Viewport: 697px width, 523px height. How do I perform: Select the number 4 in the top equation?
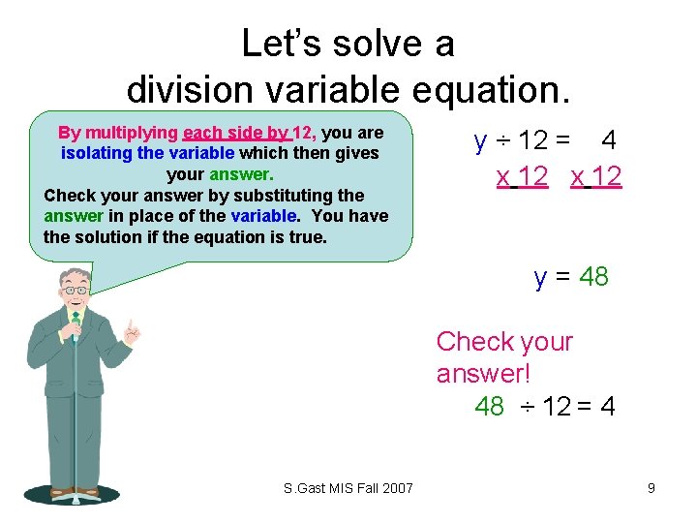(609, 140)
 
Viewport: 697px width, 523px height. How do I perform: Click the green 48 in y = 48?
(594, 277)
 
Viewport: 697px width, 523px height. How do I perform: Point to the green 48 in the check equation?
(490, 406)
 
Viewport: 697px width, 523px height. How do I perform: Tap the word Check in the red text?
(475, 342)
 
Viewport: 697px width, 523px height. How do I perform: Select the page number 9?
(652, 488)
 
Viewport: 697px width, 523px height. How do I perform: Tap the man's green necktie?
(76, 328)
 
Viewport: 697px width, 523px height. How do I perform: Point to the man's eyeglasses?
(76, 289)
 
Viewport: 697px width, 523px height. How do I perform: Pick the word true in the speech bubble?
(311, 237)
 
